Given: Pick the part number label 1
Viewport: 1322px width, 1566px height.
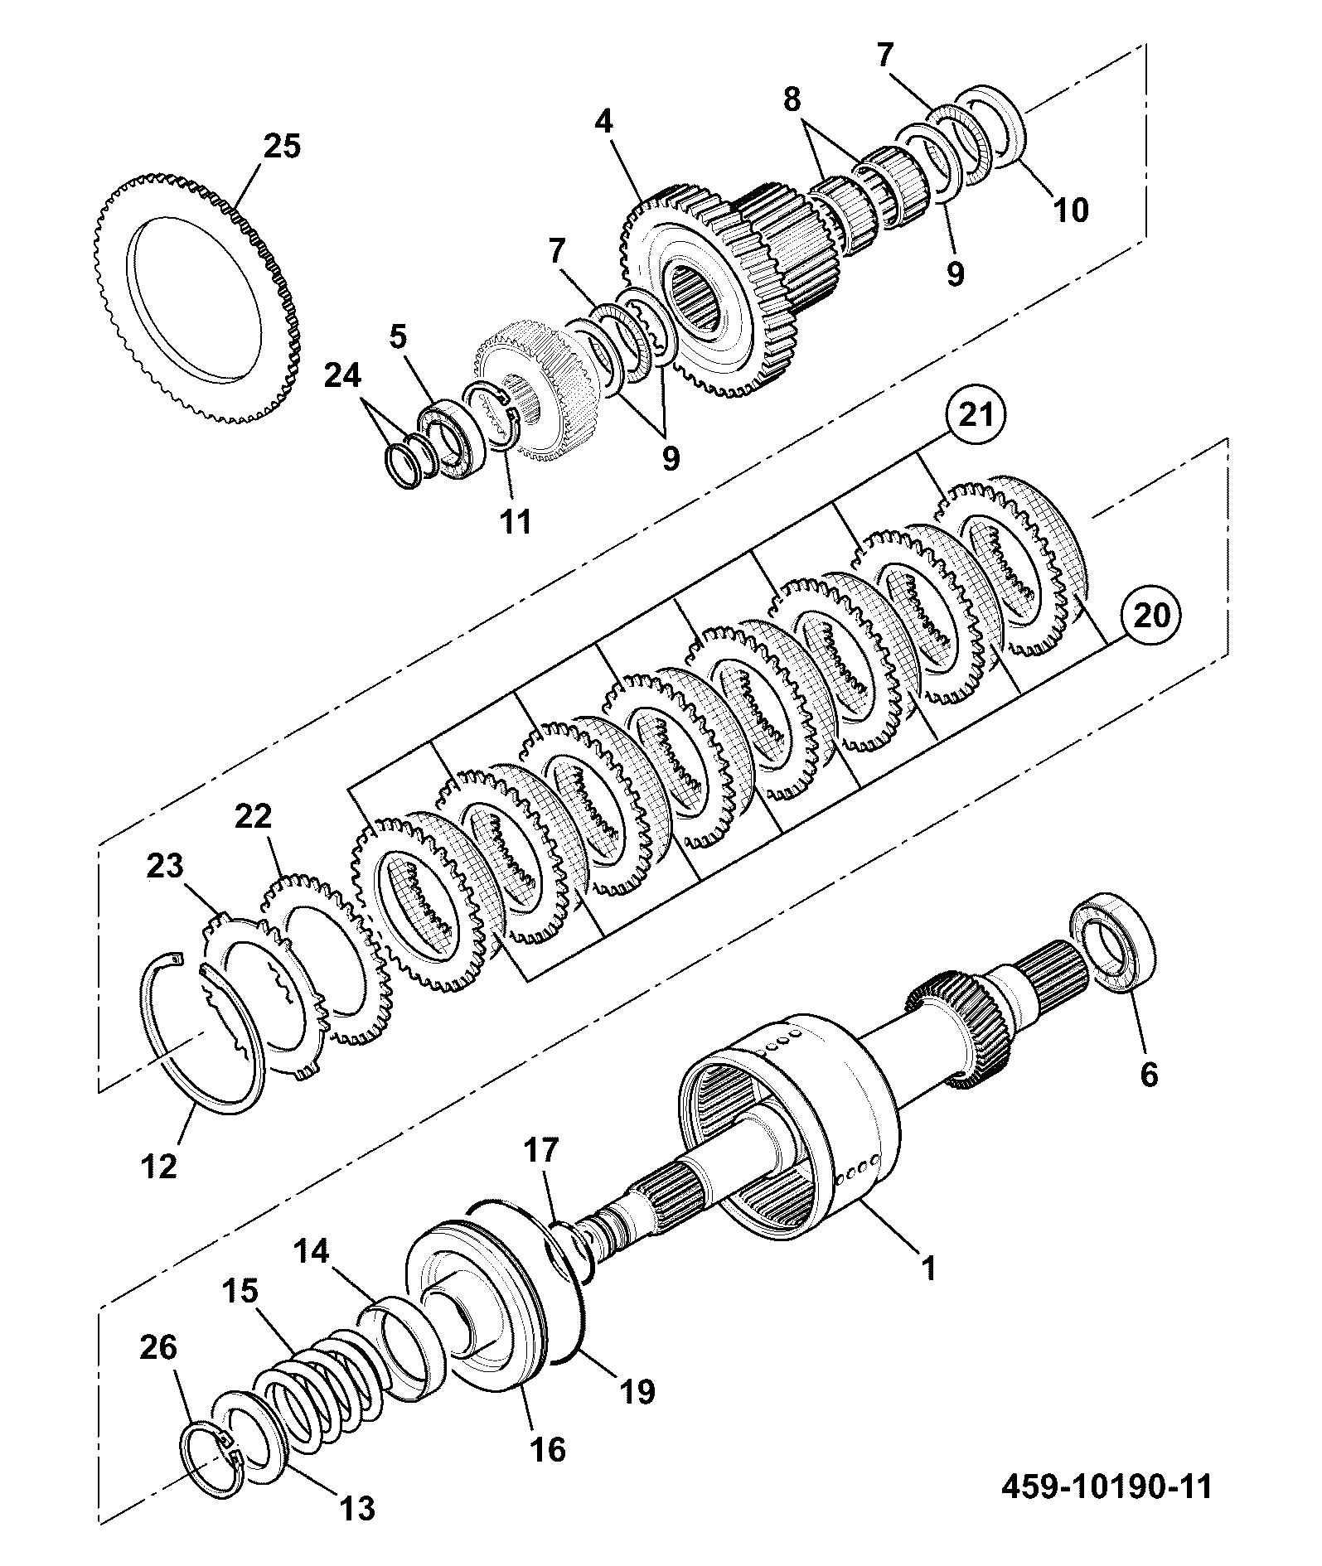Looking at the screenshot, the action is point(929,1269).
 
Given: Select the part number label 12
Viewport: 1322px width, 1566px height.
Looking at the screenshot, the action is point(159,1167).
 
